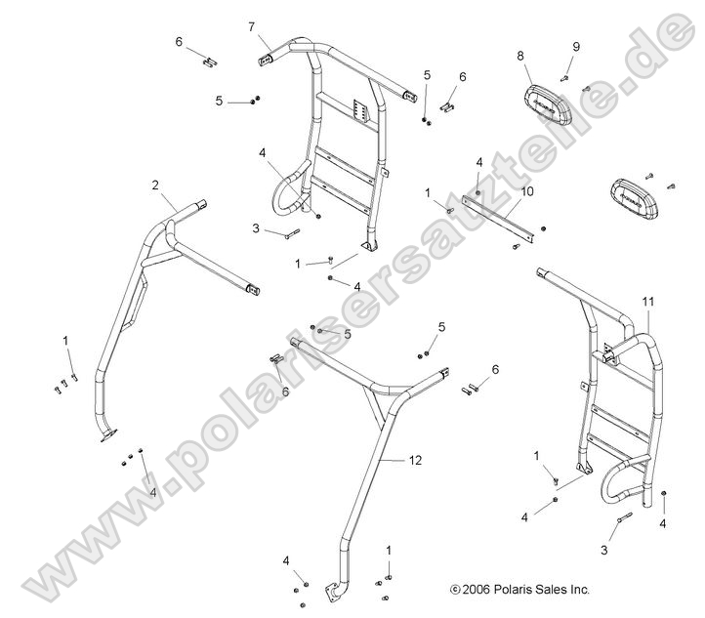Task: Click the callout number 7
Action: tap(252, 27)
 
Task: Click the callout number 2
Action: tap(155, 185)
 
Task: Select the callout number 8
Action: tap(520, 56)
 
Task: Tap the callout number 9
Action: tap(576, 47)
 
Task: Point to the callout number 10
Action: tap(527, 191)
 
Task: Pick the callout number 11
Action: tap(648, 302)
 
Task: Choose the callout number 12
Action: tap(415, 460)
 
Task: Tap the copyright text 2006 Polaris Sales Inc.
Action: tap(520, 590)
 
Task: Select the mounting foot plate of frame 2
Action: tap(108, 435)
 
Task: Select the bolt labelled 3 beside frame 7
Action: tap(292, 233)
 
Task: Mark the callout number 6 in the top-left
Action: tap(179, 42)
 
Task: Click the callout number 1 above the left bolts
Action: tap(65, 341)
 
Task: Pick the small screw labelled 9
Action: tap(564, 79)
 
